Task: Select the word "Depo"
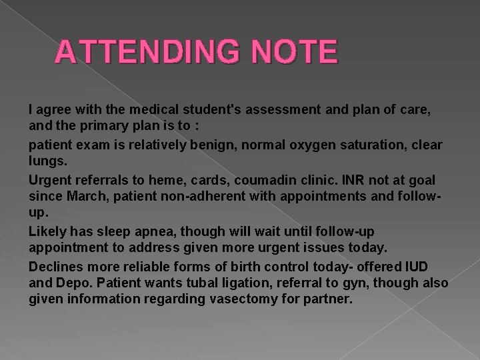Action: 72,284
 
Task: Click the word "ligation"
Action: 251,284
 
